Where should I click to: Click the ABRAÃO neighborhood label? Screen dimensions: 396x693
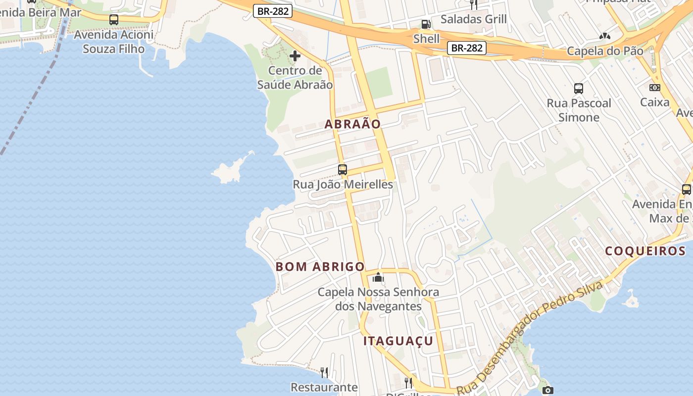(x=352, y=124)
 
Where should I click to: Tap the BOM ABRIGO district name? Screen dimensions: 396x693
(x=320, y=267)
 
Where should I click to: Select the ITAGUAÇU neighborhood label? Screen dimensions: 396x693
(x=398, y=341)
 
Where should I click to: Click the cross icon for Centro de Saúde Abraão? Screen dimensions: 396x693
(x=295, y=56)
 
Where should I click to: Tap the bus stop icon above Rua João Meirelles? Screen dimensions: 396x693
(x=343, y=170)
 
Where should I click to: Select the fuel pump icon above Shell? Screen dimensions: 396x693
(x=426, y=24)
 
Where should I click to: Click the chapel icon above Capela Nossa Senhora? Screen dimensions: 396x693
(x=378, y=277)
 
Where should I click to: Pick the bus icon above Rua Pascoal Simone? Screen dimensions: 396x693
(x=579, y=89)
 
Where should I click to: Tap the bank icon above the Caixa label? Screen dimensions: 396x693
(x=655, y=88)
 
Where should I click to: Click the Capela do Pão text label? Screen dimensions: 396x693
(x=605, y=51)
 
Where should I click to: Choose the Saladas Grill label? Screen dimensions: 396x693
(x=473, y=19)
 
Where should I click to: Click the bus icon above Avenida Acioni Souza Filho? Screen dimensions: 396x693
(x=114, y=20)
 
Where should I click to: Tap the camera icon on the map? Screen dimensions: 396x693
(x=547, y=390)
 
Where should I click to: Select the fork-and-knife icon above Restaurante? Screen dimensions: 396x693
(x=324, y=372)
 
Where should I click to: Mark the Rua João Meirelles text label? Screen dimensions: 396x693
(x=343, y=185)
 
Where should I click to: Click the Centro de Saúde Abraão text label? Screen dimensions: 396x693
(x=295, y=78)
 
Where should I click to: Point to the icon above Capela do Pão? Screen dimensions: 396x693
(x=604, y=36)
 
